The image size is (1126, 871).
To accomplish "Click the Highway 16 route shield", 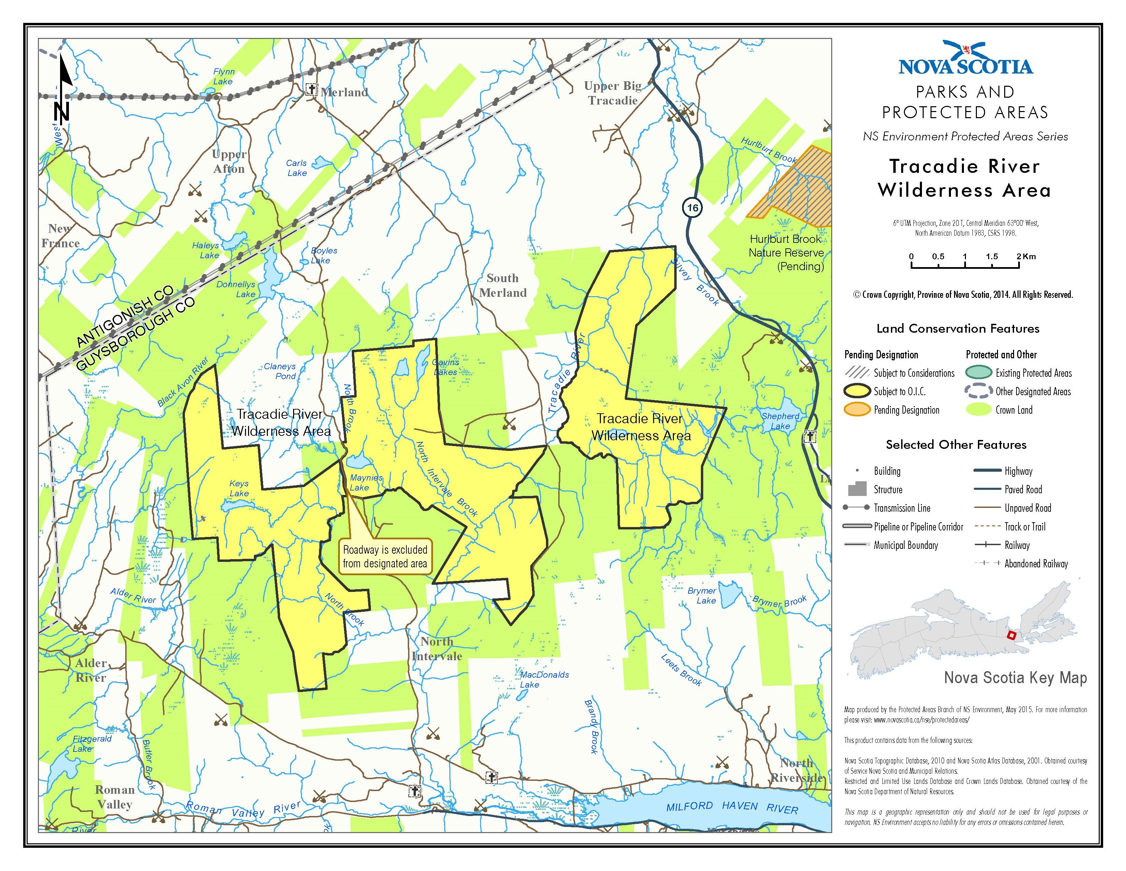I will click(x=692, y=207).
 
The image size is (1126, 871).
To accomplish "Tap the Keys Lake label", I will click(x=239, y=488).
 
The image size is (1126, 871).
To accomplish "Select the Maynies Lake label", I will click(x=365, y=482).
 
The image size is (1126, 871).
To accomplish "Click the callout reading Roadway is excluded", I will click(x=385, y=556).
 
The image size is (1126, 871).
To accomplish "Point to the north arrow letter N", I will click(x=61, y=111).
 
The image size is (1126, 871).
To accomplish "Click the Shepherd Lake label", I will click(x=780, y=421).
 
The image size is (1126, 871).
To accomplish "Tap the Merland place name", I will click(x=344, y=92).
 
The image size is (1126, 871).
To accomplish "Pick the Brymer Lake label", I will click(x=703, y=595).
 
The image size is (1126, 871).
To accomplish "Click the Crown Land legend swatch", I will click(x=978, y=410).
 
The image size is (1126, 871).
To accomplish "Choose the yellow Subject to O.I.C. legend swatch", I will click(x=856, y=391).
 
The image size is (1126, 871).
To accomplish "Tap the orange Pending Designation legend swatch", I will click(x=856, y=410).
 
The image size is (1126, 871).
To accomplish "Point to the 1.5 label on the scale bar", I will click(x=992, y=257).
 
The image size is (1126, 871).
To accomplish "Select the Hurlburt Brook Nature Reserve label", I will click(x=786, y=252).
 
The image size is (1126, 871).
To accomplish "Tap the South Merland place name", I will click(x=503, y=285).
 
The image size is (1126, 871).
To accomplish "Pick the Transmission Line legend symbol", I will click(x=856, y=508).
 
